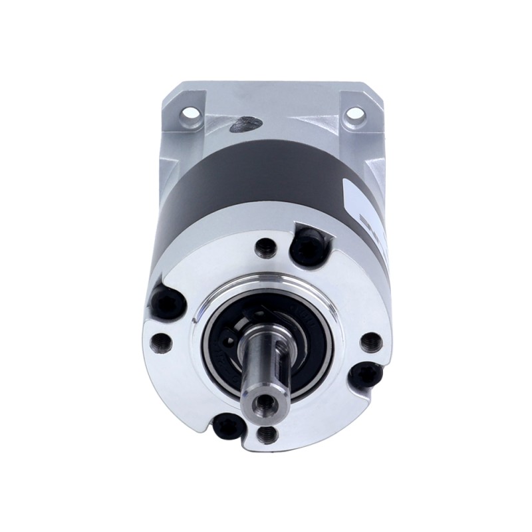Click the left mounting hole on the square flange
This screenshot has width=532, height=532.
tap(191, 112)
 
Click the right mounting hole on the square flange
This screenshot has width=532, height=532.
tap(355, 113)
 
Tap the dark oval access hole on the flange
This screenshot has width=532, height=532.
tap(247, 123)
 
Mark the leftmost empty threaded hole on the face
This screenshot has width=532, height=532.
tap(161, 342)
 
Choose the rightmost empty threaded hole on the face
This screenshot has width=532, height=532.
tap(371, 342)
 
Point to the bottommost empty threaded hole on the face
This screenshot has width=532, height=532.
tap(267, 435)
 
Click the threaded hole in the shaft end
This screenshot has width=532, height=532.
tap(266, 401)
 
